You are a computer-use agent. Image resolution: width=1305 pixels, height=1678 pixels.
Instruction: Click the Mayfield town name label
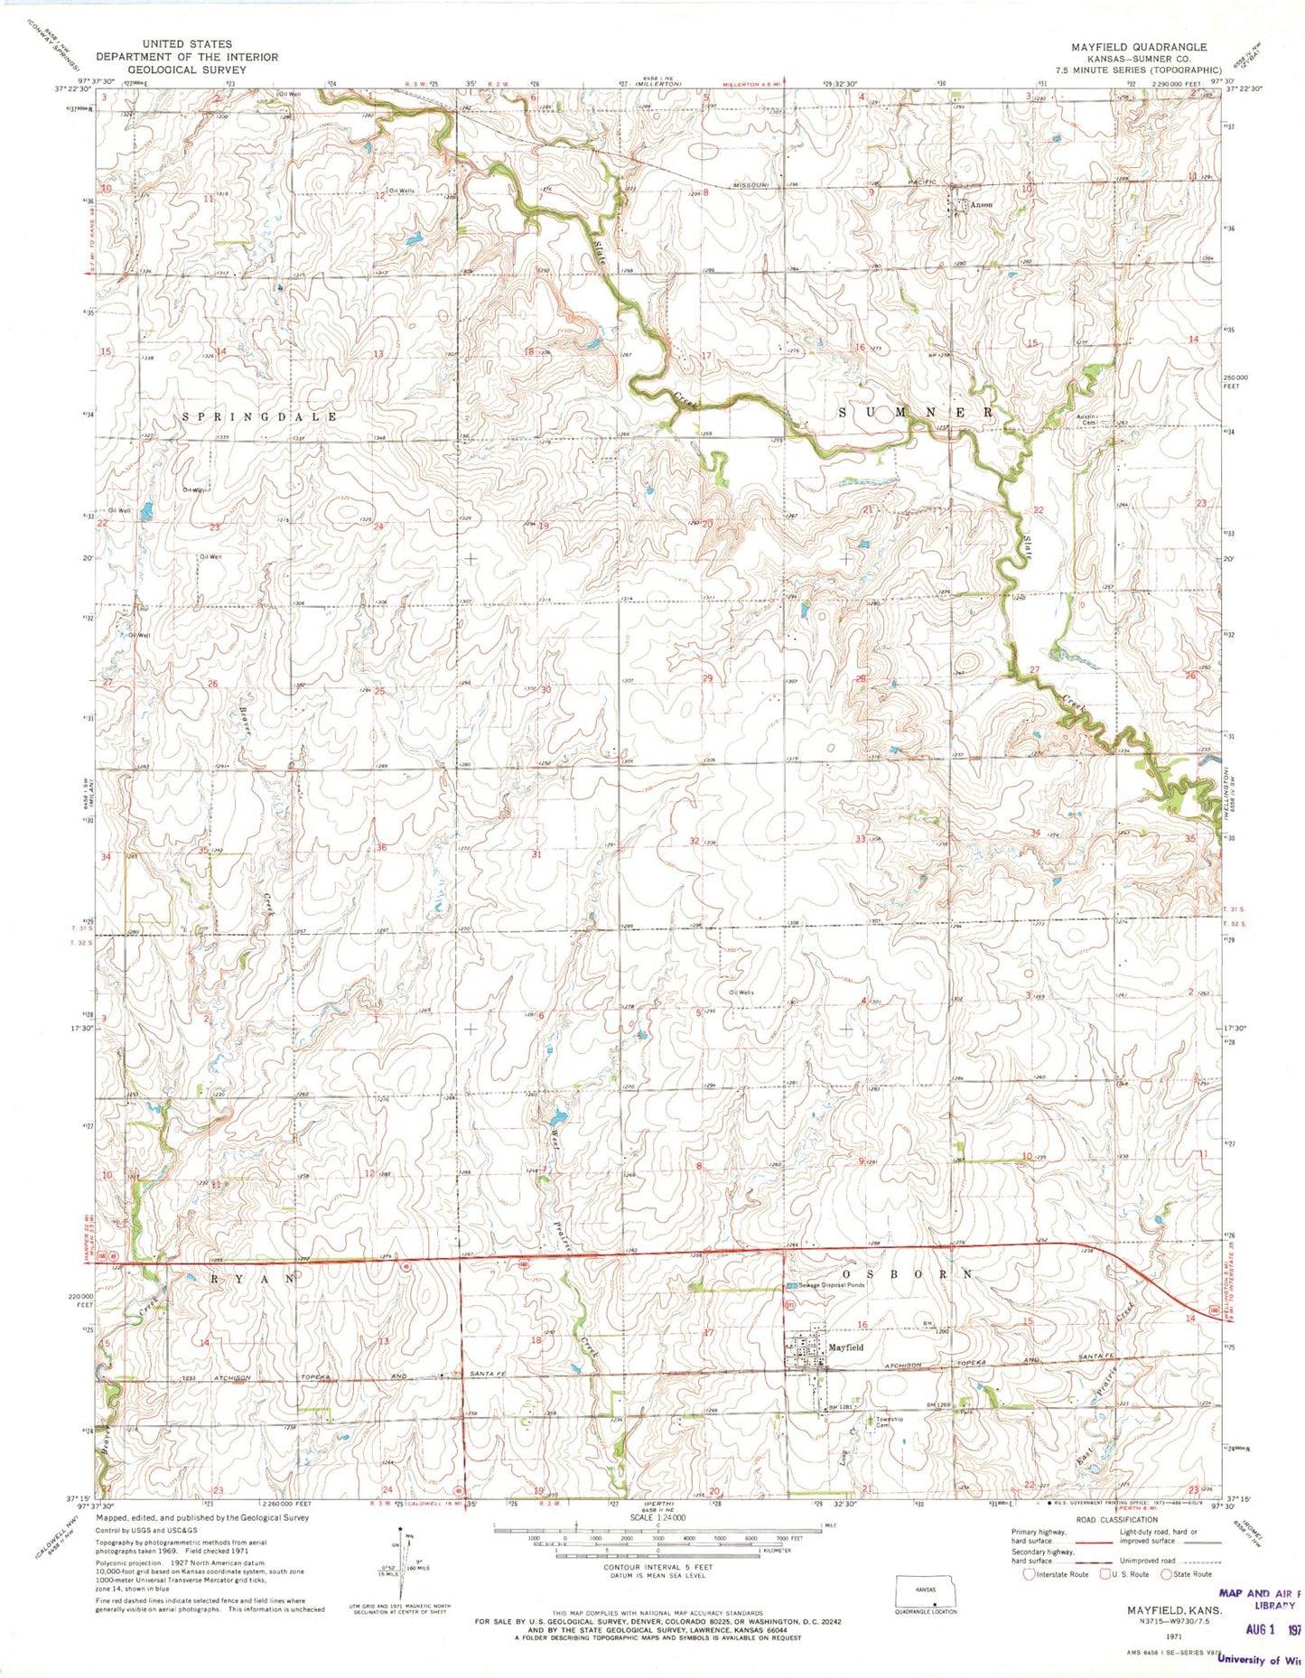pyautogui.click(x=845, y=1347)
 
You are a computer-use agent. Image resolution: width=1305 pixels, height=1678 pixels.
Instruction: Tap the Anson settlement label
pyautogui.click(x=981, y=205)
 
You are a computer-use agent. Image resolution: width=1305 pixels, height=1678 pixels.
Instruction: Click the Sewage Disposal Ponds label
pyautogui.click(x=830, y=1285)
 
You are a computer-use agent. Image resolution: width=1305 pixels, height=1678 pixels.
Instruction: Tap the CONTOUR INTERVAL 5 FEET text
pyautogui.click(x=657, y=1567)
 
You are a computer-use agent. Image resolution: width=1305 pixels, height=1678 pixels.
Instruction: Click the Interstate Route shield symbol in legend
pyautogui.click(x=1030, y=1573)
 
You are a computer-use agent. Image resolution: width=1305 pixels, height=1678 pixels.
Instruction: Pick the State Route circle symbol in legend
pyautogui.click(x=1166, y=1573)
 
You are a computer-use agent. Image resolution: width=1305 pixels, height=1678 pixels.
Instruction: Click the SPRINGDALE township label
pyautogui.click(x=259, y=416)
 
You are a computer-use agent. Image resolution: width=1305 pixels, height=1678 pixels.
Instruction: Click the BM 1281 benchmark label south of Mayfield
pyautogui.click(x=841, y=1408)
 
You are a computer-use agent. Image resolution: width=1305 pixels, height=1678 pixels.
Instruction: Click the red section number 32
pyautogui.click(x=694, y=841)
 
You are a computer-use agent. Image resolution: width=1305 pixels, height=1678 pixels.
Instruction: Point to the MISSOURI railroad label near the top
pyautogui.click(x=750, y=184)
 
